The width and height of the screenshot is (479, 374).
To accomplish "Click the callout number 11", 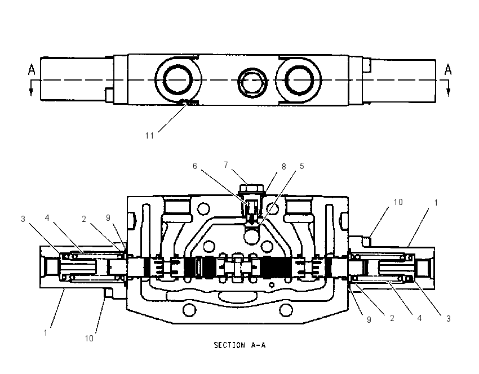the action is pyautogui.click(x=149, y=136).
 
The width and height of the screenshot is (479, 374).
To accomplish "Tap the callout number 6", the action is pyautogui.click(x=195, y=166).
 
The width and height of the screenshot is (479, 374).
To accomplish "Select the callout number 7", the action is pyautogui.click(x=226, y=165).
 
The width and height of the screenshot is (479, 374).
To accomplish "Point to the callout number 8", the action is pyautogui.click(x=283, y=166).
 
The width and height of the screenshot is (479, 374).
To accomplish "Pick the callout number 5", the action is pyautogui.click(x=302, y=166).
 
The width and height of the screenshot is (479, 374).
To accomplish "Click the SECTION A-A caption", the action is pyautogui.click(x=240, y=345).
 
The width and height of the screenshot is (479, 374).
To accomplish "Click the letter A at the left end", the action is pyautogui.click(x=32, y=70).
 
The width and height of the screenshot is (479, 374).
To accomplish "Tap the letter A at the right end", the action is pyautogui.click(x=448, y=70).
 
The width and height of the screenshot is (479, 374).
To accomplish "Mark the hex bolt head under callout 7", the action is pyautogui.click(x=252, y=188).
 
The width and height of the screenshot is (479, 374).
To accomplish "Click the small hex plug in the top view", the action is pyautogui.click(x=252, y=82).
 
